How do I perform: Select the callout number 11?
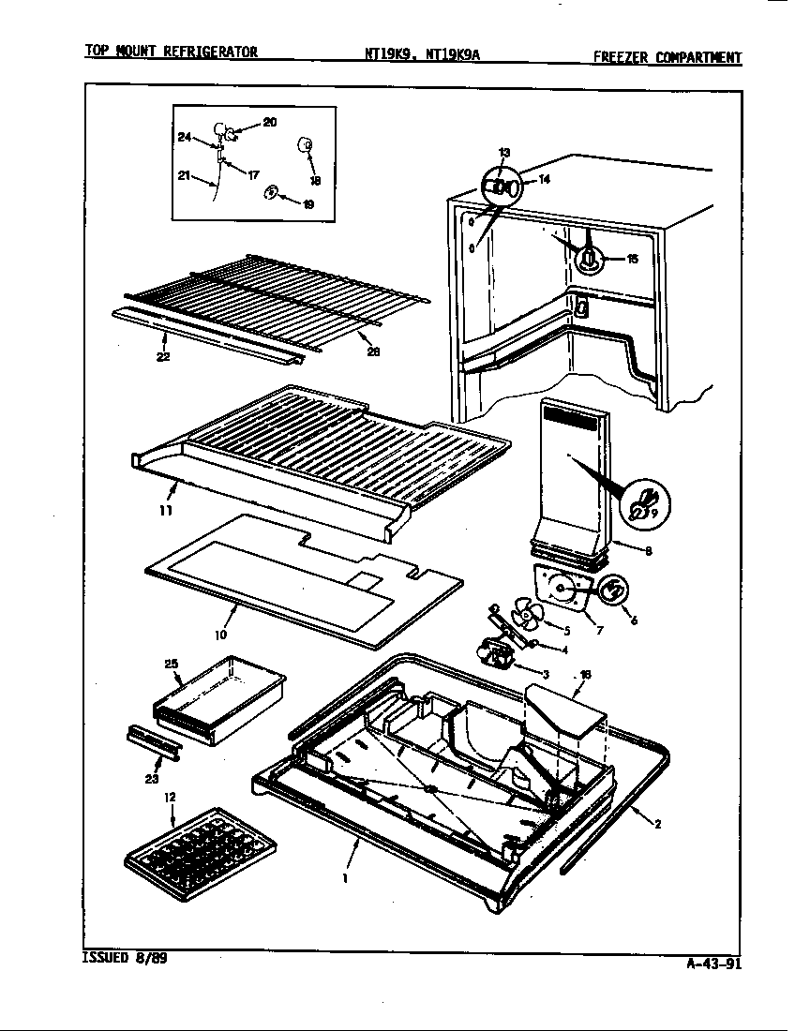pyautogui.click(x=165, y=511)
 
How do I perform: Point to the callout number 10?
pyautogui.click(x=220, y=635)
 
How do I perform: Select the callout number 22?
pyautogui.click(x=163, y=356)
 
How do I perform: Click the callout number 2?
pyautogui.click(x=657, y=825)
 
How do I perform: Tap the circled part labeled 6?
pyautogui.click(x=612, y=591)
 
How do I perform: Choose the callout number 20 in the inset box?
pyautogui.click(x=269, y=122)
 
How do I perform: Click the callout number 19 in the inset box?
pyautogui.click(x=307, y=203)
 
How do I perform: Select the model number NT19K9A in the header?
pyautogui.click(x=453, y=54)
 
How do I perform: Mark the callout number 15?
pyautogui.click(x=632, y=259)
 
